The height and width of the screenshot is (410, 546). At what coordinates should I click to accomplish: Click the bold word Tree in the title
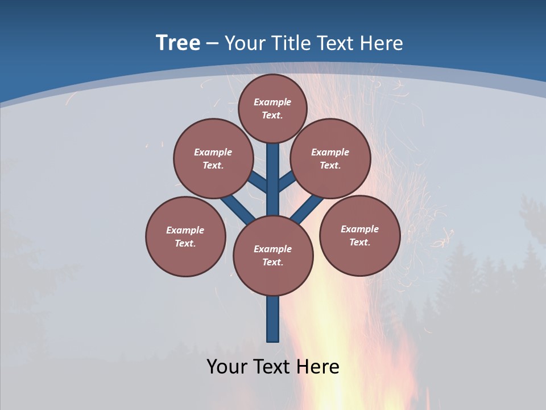178,43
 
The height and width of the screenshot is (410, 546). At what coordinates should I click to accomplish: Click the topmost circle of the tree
272,108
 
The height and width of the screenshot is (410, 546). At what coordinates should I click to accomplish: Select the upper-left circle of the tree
213,158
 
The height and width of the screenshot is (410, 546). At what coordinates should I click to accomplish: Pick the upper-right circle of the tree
330,158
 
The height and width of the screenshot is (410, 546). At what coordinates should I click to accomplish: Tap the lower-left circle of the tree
185,236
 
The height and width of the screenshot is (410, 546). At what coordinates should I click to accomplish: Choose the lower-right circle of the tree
359,235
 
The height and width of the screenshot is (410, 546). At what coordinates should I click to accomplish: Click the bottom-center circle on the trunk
273,255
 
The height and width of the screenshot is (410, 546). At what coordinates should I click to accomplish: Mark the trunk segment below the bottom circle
273,319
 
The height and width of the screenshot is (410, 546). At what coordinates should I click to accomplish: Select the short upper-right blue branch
286,182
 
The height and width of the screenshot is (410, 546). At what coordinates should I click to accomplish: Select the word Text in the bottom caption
273,367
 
